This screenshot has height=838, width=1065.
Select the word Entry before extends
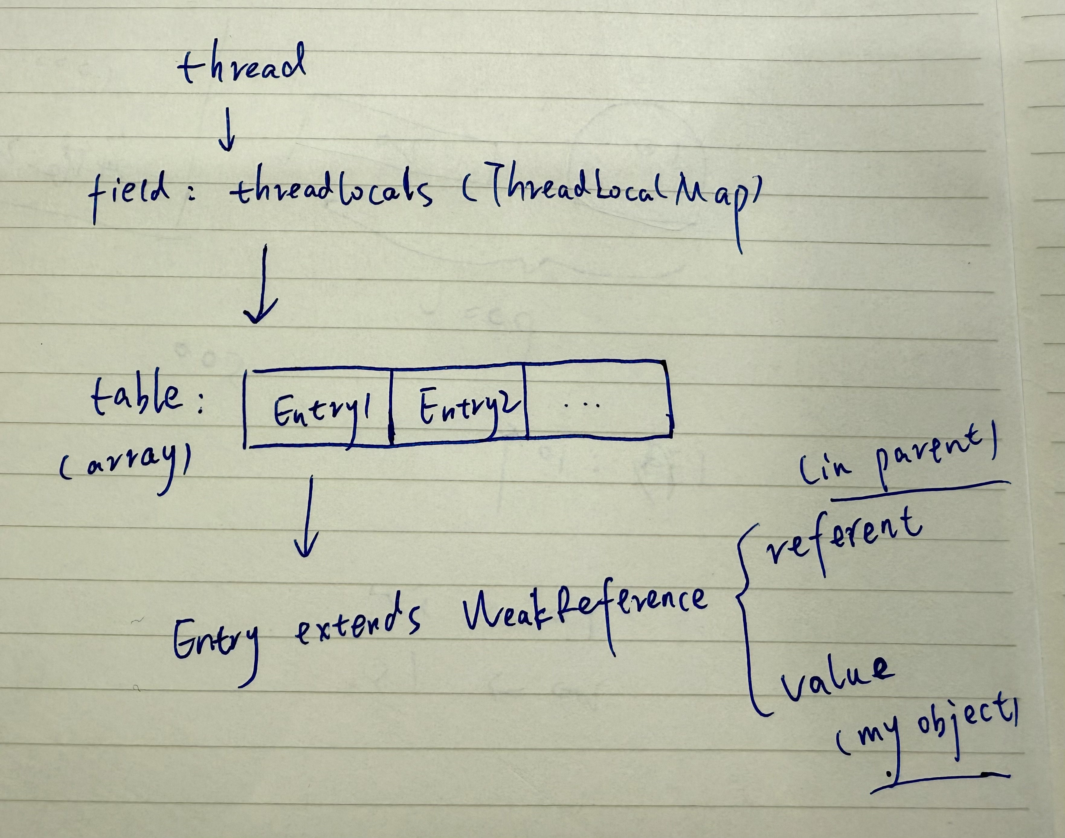point(216,643)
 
